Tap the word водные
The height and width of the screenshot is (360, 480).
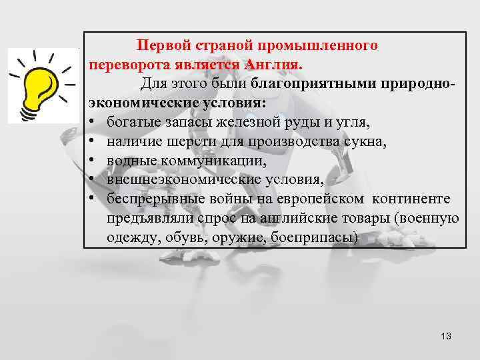(129, 161)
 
